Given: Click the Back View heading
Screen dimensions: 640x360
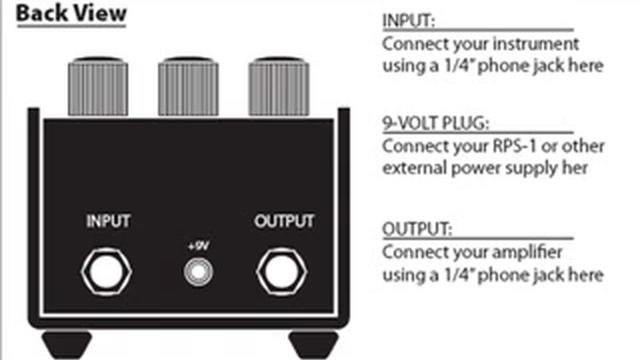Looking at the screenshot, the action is (x=71, y=13).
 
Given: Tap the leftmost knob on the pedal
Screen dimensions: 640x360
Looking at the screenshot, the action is (x=98, y=87).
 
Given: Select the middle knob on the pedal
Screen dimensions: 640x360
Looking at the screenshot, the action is (x=188, y=87).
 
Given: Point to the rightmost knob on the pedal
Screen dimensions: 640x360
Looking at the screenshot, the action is (x=279, y=87).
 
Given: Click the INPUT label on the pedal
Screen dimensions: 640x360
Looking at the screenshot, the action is (x=108, y=221).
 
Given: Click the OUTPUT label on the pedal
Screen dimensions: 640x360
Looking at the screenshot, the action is (x=284, y=221).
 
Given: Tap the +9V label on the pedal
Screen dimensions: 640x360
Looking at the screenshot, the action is (x=198, y=246).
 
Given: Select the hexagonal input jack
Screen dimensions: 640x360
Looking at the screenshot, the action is (x=106, y=272).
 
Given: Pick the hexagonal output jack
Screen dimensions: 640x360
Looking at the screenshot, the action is (x=282, y=272).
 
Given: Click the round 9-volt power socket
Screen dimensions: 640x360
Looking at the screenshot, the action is (x=198, y=272).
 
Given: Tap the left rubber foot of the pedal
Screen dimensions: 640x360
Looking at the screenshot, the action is (x=67, y=345).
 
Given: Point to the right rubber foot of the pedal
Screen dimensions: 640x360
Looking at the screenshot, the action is (x=313, y=345).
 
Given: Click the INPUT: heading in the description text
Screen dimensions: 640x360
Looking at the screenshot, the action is (x=409, y=21).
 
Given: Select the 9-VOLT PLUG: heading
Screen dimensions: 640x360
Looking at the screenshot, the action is (x=436, y=123).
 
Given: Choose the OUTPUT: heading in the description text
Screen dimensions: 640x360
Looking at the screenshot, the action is (x=417, y=229).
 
